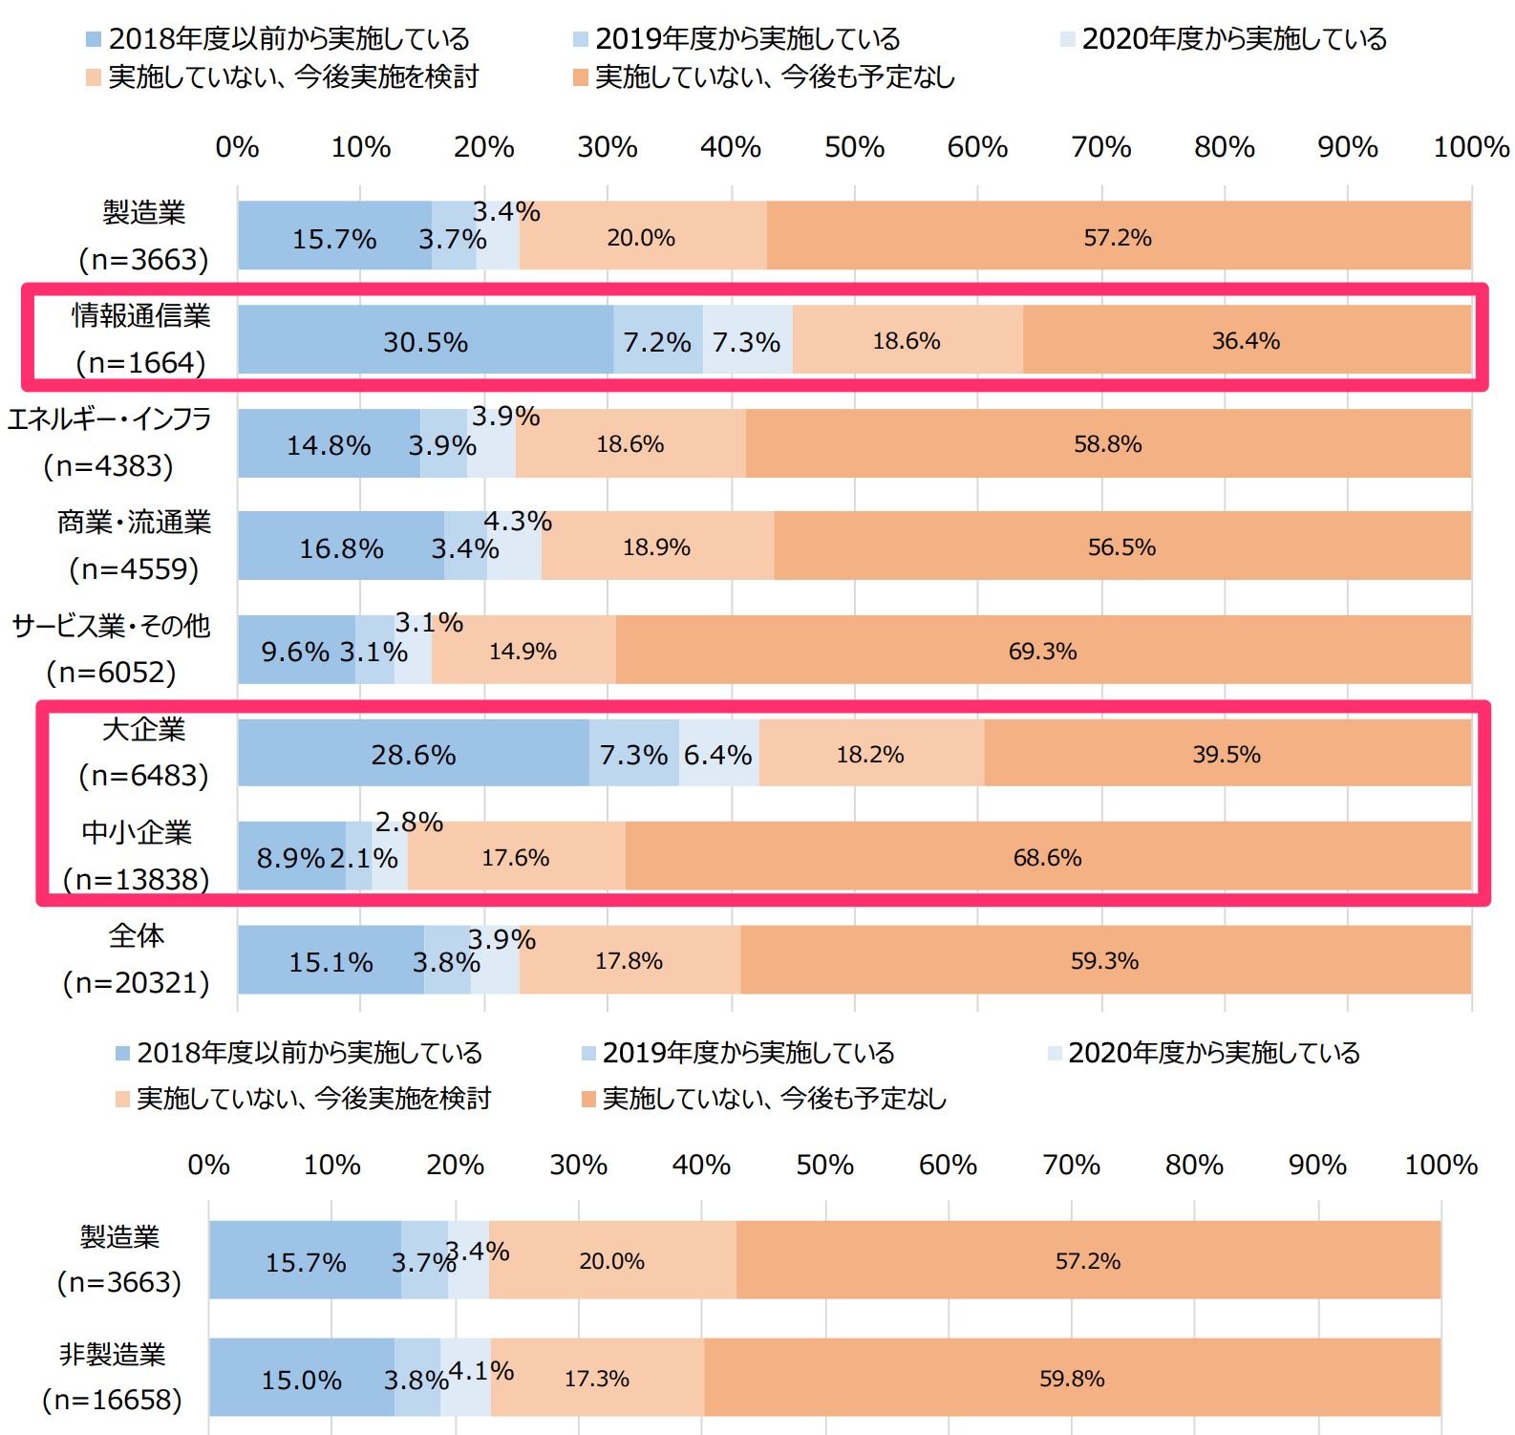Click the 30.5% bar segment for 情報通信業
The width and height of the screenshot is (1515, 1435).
(x=425, y=340)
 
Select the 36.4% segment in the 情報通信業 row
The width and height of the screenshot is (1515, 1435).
(x=1246, y=340)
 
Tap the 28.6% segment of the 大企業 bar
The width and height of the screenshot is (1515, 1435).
(x=413, y=754)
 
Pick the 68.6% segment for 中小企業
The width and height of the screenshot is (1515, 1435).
(x=1047, y=857)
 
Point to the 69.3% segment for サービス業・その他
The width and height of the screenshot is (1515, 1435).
(x=1042, y=651)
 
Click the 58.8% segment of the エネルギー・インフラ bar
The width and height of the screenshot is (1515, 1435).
(x=1107, y=443)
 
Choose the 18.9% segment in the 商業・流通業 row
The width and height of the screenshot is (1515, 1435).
(x=656, y=546)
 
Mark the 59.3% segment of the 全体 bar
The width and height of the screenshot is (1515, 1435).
(x=1104, y=960)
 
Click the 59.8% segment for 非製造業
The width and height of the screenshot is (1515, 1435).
(x=1072, y=1378)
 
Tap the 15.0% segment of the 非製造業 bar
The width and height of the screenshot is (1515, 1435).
(x=301, y=1379)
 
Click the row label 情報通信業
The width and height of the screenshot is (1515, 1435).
(x=141, y=315)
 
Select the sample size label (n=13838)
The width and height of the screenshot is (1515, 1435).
(x=136, y=879)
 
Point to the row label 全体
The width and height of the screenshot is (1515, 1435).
(x=137, y=935)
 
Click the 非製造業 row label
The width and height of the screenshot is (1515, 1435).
(x=113, y=1354)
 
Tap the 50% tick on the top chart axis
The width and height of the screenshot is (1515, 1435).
(x=854, y=147)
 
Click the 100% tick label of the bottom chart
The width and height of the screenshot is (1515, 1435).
(x=1440, y=1165)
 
